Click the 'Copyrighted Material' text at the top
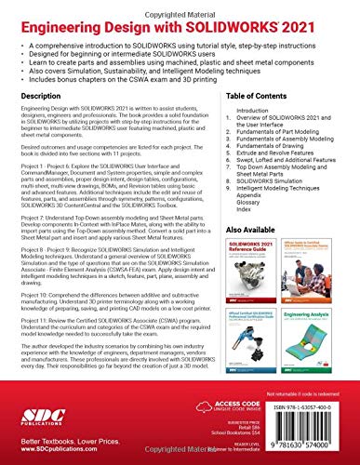(x=180, y=6)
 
